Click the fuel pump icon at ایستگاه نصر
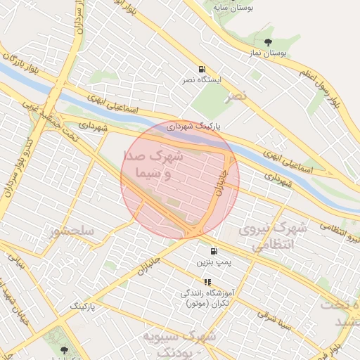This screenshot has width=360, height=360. pos(202,69)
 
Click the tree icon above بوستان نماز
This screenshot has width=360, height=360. pos(268,43)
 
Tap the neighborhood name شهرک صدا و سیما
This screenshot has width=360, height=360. pos(153,164)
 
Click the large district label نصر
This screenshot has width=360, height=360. pos(238,95)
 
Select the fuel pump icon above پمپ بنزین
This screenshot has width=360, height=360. pos(213,251)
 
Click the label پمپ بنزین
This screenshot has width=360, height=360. pos(213,262)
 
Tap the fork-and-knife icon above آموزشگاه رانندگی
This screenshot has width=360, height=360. pos(207,281)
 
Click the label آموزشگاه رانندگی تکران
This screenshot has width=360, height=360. pos(208,297)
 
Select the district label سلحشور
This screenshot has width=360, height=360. pos(72,231)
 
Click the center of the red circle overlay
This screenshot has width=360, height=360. pos(180,180)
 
